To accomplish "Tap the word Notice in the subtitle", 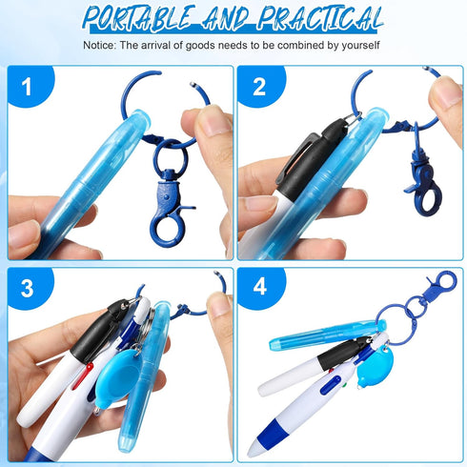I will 99,45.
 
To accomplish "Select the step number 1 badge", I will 26,88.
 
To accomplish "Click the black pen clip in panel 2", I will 300,157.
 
